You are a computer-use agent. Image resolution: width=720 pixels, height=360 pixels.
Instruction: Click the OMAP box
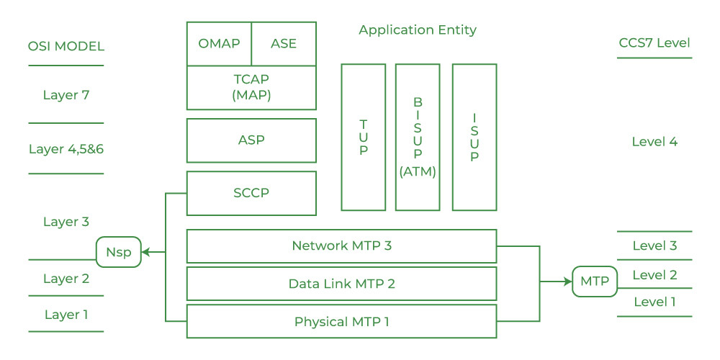(x=219, y=43)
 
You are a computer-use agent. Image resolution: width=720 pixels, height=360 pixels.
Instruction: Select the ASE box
(x=284, y=43)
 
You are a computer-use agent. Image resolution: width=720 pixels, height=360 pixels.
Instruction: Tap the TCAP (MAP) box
(x=251, y=87)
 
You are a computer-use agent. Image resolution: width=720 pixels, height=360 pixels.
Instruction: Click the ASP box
(x=251, y=140)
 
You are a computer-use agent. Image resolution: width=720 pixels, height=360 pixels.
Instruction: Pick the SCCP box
(x=251, y=193)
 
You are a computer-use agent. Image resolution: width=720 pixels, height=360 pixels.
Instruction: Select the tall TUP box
(x=364, y=137)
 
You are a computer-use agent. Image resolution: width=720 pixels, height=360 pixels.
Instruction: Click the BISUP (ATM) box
(x=418, y=137)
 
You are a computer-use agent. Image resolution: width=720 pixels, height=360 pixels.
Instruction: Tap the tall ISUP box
(x=474, y=137)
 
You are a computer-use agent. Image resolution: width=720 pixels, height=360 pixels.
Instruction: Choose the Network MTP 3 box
(x=341, y=246)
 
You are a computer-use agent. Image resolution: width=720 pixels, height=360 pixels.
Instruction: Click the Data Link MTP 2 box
(x=341, y=284)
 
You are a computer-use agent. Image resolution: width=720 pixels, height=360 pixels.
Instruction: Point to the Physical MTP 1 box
(x=341, y=321)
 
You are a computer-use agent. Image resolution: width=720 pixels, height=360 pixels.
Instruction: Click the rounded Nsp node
(x=118, y=252)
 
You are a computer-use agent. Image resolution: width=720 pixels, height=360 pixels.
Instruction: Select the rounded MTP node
(x=595, y=282)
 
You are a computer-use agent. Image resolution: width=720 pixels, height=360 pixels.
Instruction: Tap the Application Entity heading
(x=418, y=30)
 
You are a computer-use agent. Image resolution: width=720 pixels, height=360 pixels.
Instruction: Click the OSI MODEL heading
(x=66, y=47)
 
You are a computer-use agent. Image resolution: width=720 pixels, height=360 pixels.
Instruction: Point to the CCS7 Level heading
(x=654, y=42)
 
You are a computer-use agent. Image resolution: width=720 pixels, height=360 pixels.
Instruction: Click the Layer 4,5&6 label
(x=66, y=150)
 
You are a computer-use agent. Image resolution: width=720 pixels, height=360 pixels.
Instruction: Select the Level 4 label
(x=654, y=142)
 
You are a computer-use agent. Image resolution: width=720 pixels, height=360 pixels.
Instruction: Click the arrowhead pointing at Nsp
(x=145, y=252)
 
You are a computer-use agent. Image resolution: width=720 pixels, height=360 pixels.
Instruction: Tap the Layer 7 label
(x=66, y=95)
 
